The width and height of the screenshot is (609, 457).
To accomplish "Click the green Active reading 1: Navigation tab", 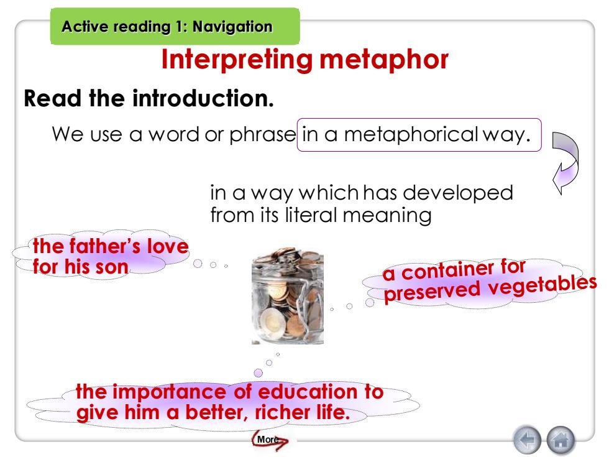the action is (175, 26).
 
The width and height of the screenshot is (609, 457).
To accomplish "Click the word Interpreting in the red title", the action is (237, 60).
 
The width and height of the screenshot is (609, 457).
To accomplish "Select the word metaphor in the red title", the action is (384, 60).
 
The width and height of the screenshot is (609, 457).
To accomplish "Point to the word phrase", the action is (262, 135).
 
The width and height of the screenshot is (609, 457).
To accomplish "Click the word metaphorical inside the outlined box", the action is (411, 134).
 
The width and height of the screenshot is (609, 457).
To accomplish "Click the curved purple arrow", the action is (565, 162).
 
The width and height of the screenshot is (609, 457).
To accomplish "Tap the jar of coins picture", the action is (287, 296).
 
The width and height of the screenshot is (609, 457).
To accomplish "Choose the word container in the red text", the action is (447, 270).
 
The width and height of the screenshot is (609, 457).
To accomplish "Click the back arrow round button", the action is (527, 440).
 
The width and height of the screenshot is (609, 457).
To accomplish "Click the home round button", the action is (561, 440).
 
